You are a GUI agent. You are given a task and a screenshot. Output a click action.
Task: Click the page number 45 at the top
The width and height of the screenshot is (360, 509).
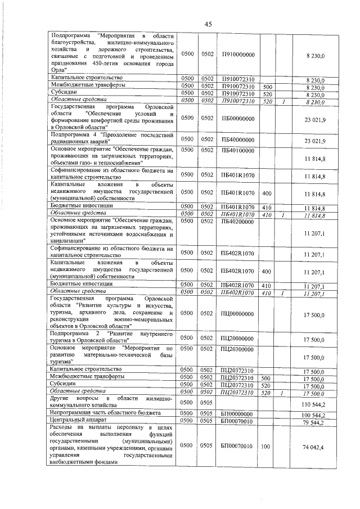pos(208,24)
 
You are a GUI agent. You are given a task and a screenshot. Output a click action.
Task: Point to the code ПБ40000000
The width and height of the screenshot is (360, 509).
pos(238,139)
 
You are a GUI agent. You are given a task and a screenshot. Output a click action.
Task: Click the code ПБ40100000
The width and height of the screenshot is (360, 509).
pos(238,150)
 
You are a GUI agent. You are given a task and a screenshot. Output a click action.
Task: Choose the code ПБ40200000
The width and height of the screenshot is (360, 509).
pos(238,222)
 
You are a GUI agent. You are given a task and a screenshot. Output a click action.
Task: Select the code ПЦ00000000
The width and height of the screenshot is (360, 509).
pos(238,313)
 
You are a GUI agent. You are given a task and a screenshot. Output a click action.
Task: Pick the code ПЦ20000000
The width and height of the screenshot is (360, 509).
pos(238,339)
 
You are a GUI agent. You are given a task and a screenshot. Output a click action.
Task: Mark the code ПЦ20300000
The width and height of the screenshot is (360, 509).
pos(238,349)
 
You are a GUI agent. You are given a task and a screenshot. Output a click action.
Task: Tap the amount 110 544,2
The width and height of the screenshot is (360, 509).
pos(314,404)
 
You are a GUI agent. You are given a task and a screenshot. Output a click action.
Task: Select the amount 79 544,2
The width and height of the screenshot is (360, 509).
pos(315,422)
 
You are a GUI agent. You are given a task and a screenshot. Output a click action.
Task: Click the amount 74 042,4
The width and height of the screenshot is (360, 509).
pos(314,446)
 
